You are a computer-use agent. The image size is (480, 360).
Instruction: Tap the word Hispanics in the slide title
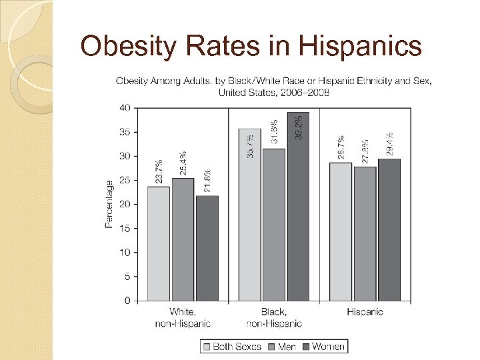359,47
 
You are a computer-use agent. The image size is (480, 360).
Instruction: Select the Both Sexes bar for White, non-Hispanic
158,243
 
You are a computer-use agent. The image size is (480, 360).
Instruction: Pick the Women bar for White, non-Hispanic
207,247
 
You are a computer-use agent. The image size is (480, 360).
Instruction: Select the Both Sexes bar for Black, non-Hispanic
249,214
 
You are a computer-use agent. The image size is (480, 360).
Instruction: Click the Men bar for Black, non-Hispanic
273,224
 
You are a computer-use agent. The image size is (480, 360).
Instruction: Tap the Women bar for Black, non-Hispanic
298,206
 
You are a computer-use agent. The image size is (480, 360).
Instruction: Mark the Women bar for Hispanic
389,229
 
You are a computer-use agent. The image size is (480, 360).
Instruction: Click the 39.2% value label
299,127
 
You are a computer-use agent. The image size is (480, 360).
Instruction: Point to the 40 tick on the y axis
125,108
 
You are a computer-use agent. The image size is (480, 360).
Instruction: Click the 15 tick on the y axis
125,229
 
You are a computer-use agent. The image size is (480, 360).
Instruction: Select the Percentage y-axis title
109,204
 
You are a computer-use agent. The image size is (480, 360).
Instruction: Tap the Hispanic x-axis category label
365,312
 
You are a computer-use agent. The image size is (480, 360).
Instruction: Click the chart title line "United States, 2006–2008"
273,93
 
